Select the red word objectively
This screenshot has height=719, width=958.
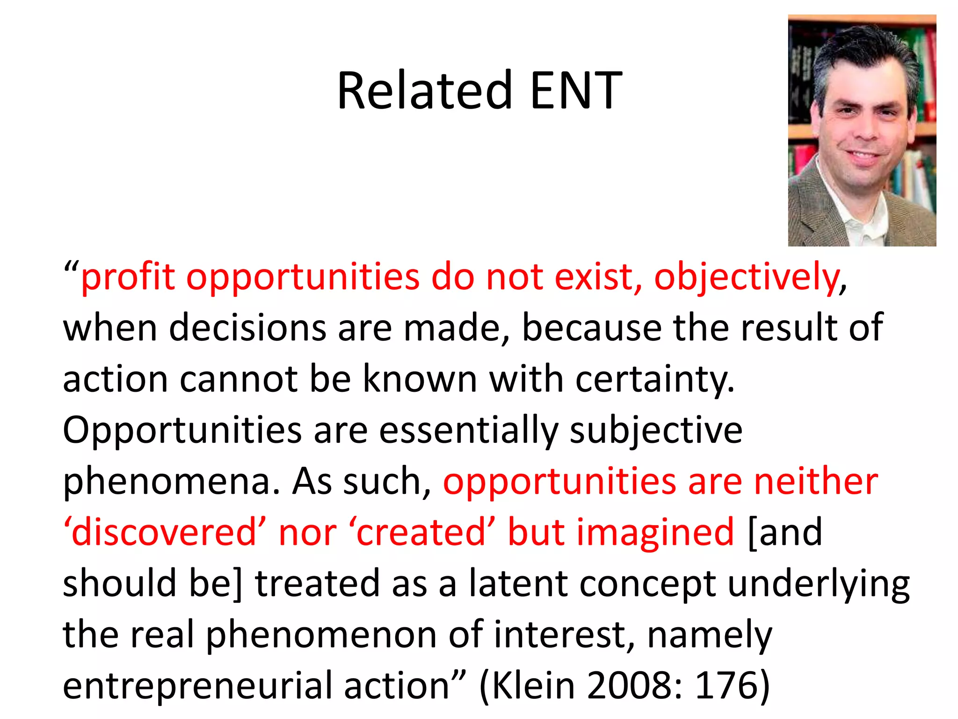point(747,277)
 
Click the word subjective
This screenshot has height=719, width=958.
point(656,431)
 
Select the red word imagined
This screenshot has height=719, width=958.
point(655,533)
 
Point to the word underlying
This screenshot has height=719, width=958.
point(819,584)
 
